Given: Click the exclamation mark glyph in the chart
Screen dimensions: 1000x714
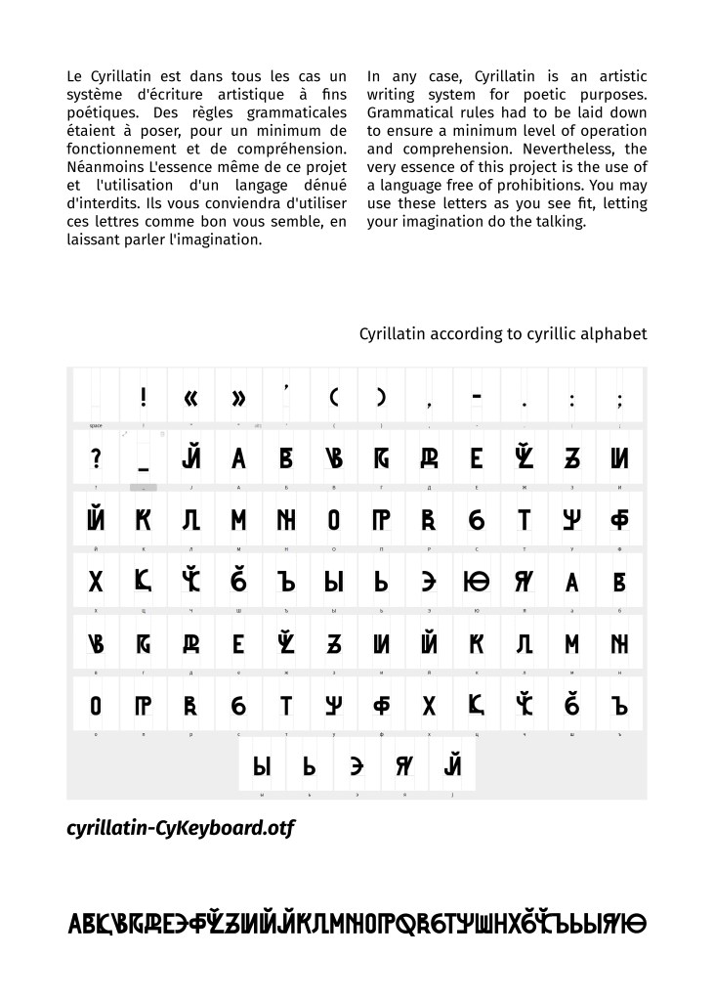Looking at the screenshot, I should coord(144,397).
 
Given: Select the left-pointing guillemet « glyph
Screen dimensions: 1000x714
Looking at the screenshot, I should coord(191,397).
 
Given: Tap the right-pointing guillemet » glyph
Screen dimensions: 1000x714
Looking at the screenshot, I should coord(239,397).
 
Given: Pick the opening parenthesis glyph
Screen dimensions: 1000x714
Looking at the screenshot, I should coord(334,397).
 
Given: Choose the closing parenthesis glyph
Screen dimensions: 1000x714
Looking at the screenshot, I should coord(382,397).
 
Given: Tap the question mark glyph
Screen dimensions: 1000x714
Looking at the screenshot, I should coord(96,457).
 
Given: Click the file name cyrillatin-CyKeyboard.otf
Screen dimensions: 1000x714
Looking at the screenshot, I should coord(181,829).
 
